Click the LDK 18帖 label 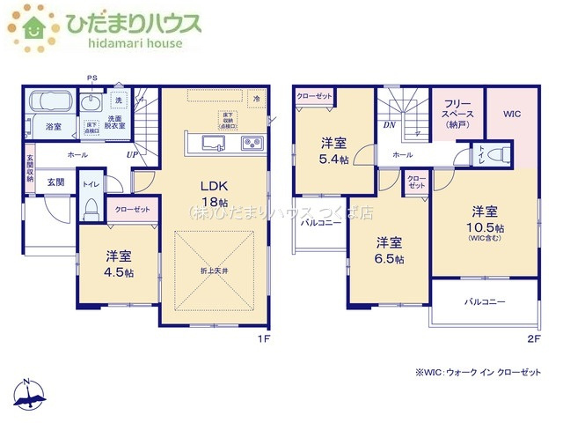coord(216,192)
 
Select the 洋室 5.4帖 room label coord(333,150)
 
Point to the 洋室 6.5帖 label coord(391,250)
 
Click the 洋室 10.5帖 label coord(484,220)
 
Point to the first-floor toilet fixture coord(90,209)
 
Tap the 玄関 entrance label coord(55,182)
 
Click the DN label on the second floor coord(389,125)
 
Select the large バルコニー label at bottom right coord(486,301)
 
